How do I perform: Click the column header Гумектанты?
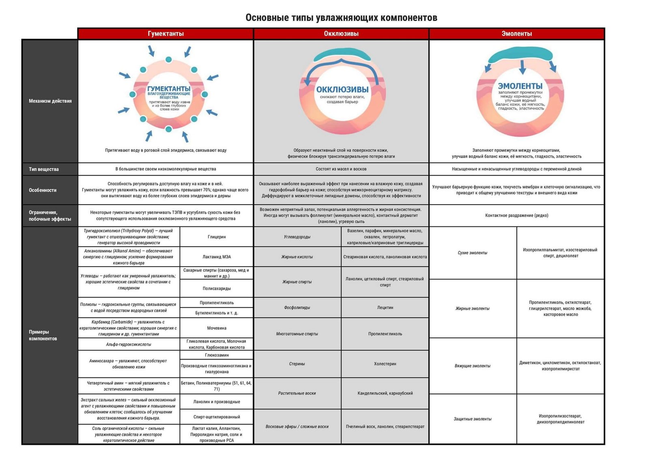click(165, 34)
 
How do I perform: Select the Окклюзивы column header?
click(341, 34)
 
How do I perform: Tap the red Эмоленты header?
click(516, 34)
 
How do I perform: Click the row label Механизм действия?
click(50, 101)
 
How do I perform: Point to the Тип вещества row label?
click(44, 169)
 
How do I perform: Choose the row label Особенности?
click(43, 190)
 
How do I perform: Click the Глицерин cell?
click(217, 237)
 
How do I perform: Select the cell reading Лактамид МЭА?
click(217, 256)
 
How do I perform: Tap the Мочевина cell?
click(217, 328)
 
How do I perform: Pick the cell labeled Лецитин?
click(385, 308)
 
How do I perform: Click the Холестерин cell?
click(385, 364)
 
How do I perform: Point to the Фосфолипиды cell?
click(297, 308)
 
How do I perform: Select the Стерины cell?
click(297, 364)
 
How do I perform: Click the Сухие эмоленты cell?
click(473, 253)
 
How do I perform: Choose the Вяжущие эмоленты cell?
click(473, 366)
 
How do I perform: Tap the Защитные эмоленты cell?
click(473, 419)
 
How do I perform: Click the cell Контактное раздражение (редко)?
click(516, 215)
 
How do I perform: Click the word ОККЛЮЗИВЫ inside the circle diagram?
click(342, 89)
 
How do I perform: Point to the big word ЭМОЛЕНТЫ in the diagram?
click(520, 86)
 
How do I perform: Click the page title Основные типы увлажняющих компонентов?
click(341, 18)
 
